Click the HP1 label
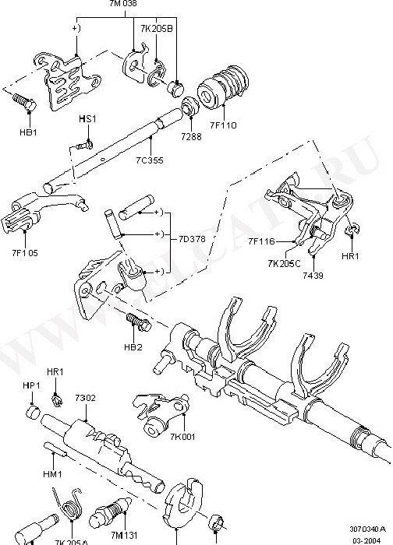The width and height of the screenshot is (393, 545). (x=32, y=385)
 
